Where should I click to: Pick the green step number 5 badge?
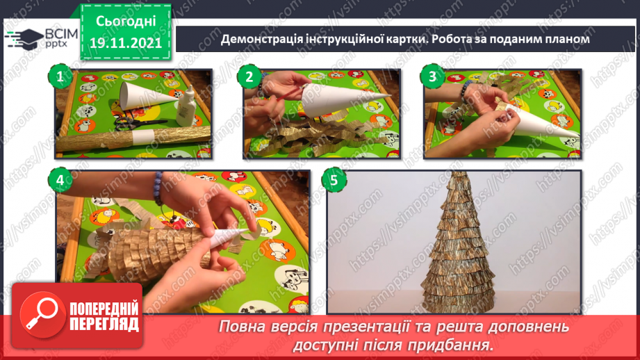pyautogui.click(x=334, y=181)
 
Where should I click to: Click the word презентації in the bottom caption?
pyautogui.click(x=368, y=326)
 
